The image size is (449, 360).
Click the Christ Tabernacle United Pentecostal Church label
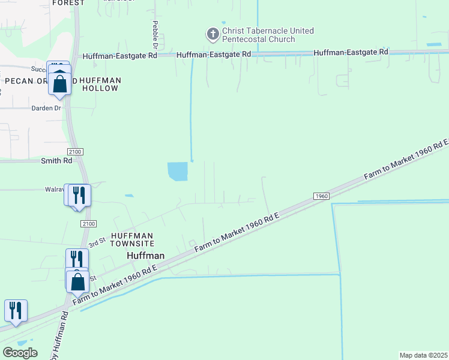268,35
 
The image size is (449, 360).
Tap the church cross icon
212,34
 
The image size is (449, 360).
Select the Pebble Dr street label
155,35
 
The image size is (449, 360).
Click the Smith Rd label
56,161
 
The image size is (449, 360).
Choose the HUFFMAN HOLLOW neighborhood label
100,84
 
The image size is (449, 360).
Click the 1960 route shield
322,196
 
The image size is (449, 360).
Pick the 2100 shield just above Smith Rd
76,152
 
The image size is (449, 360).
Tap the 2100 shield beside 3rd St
88,223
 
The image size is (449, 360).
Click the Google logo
20,352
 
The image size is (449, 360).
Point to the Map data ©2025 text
423,355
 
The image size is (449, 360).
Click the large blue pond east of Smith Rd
178,172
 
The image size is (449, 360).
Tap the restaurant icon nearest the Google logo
16,310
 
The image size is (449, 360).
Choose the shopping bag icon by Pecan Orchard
60,82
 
